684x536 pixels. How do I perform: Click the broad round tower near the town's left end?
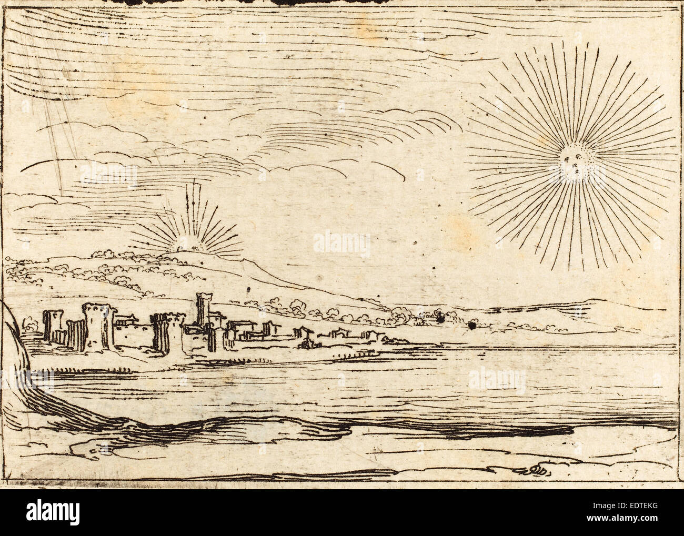click(96, 326)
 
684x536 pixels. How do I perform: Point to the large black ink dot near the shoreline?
click(472, 327)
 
